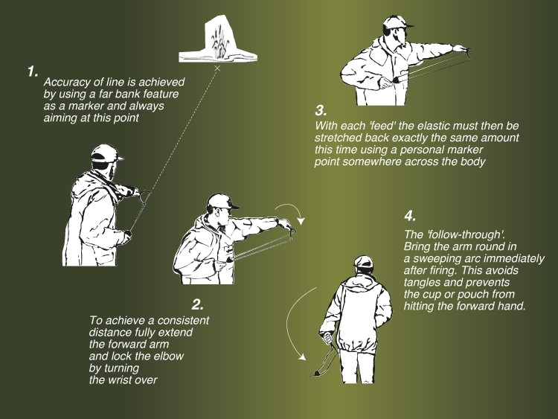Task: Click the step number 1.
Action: tap(32, 71)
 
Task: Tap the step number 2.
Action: tap(198, 304)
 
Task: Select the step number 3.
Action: tap(321, 110)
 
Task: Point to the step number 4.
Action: tap(410, 216)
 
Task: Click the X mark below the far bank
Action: tap(217, 68)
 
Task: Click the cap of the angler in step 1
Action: tap(106, 154)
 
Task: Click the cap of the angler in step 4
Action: tap(363, 262)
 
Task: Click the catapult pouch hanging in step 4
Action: tap(315, 374)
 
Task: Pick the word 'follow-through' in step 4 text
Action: tap(464, 234)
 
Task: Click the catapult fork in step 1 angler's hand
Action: tap(144, 197)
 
